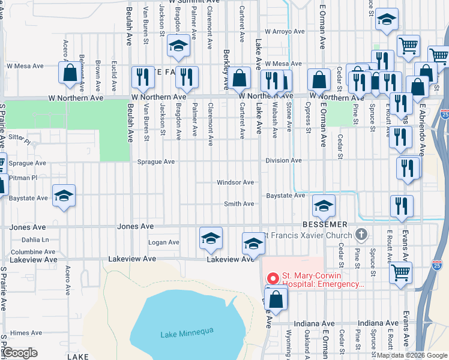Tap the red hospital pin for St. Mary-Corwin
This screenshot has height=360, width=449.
point(273,278)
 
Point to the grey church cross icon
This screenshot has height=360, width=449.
point(361,233)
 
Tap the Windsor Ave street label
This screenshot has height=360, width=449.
point(235,182)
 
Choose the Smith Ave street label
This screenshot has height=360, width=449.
point(239,204)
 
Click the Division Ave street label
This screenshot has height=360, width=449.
point(283,161)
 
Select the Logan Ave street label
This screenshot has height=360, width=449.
point(164,242)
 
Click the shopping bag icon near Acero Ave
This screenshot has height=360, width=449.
point(70,73)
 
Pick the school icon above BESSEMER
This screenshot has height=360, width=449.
point(324,207)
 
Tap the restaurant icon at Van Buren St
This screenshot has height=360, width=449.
point(143,77)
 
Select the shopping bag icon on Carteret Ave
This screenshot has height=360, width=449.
point(240,78)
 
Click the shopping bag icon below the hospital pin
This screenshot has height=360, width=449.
point(276,299)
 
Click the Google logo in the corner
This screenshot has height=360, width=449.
point(20,353)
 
